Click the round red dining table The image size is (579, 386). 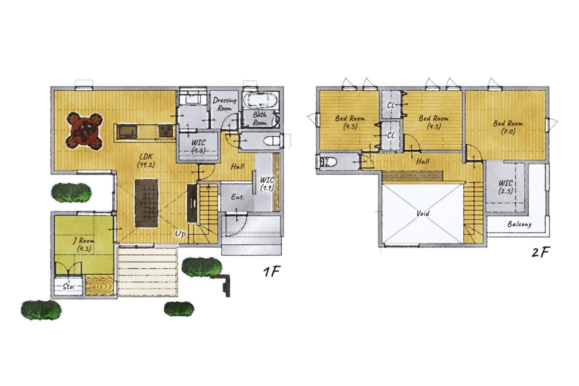(x=85, y=131)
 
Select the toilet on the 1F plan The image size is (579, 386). (x=272, y=141)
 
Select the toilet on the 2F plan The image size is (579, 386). (x=328, y=162)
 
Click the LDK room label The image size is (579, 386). (x=146, y=161)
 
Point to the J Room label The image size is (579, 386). (x=84, y=244)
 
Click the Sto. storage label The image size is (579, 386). (x=69, y=287)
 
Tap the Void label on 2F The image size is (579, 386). (x=423, y=214)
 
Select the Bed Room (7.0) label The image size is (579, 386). (x=508, y=127)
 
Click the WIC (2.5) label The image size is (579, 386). (x=506, y=187)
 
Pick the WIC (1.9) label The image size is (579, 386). (x=267, y=184)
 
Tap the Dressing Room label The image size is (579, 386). (x=224, y=104)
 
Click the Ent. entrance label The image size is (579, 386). (x=237, y=197)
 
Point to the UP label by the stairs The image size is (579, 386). (x=180, y=234)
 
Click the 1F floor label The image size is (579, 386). (x=272, y=272)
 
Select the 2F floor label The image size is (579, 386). (x=541, y=252)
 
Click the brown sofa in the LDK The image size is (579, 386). (x=146, y=203)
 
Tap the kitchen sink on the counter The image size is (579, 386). (x=127, y=131)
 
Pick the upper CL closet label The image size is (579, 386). (x=391, y=105)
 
